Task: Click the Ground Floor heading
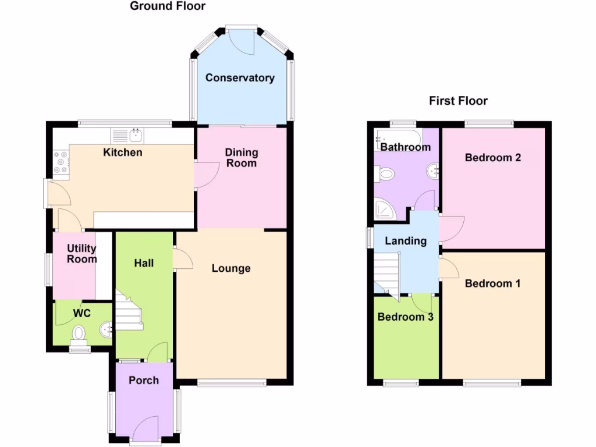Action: coord(167,6)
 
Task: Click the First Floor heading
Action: coord(458,101)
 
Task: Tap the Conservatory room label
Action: coord(239,78)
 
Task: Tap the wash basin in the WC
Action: coord(106,329)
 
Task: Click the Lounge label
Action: coord(230,268)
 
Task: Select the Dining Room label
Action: coord(242,158)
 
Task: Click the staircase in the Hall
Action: coord(129,311)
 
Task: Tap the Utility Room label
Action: coord(81,254)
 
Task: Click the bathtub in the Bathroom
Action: coord(399,136)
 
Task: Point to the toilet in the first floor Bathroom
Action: coord(385,173)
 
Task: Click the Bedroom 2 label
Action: coord(492,158)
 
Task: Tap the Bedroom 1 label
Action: coord(492,283)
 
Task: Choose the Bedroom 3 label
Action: coord(405,317)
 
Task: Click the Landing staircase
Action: coord(386,274)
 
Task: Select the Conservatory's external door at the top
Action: coord(242,39)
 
